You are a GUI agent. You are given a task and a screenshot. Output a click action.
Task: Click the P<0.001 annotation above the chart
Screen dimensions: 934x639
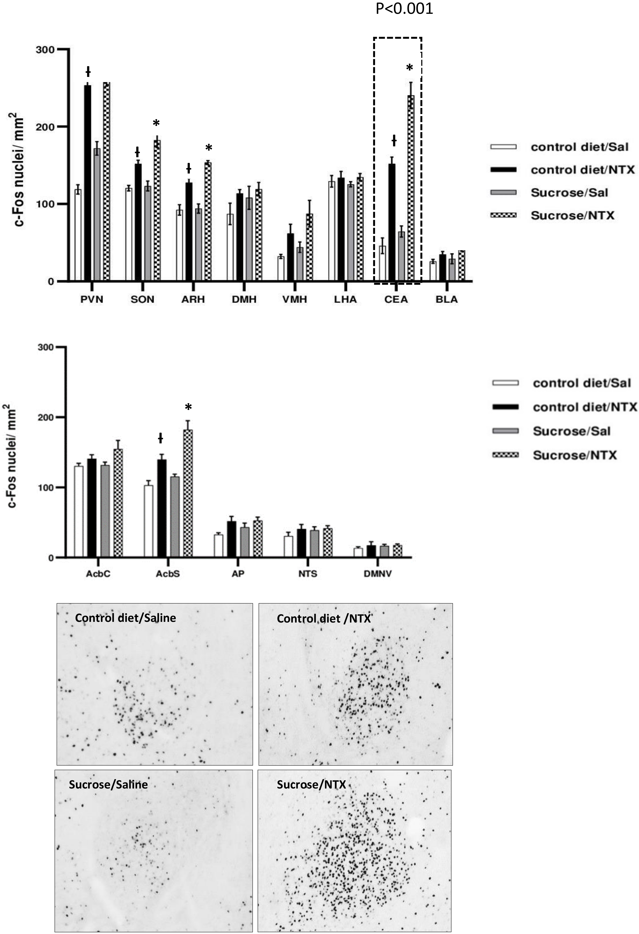click(x=404, y=8)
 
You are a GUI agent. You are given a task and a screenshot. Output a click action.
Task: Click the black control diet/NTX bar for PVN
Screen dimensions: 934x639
click(x=88, y=183)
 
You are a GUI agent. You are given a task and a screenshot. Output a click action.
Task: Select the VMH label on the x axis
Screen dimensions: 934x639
click(x=295, y=299)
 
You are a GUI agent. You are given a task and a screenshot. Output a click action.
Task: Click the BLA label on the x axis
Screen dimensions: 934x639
click(x=446, y=299)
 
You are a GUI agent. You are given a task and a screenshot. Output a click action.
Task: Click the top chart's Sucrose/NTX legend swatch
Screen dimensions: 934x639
click(x=503, y=215)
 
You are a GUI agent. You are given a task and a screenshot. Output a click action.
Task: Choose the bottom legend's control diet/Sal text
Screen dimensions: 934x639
click(x=582, y=383)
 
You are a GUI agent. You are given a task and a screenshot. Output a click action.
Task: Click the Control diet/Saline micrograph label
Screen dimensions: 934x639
click(x=125, y=618)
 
